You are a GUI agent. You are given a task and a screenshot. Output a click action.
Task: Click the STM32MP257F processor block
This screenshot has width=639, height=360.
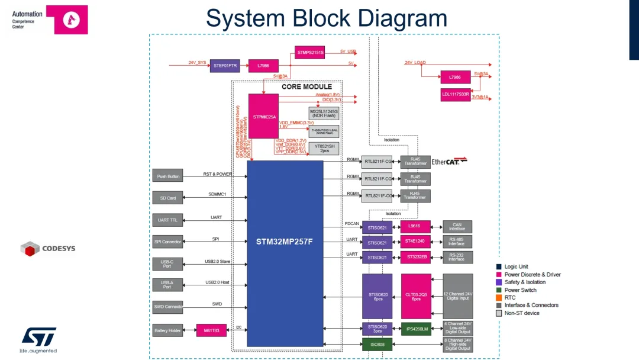tap(285, 242)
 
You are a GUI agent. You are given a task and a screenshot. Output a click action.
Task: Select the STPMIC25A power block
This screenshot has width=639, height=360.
tap(263, 117)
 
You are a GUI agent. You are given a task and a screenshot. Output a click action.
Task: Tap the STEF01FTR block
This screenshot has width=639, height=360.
tap(225, 65)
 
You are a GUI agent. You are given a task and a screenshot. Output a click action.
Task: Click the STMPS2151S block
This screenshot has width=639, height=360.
tap(310, 52)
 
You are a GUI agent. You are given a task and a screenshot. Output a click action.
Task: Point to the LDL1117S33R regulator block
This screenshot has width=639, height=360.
tap(455, 94)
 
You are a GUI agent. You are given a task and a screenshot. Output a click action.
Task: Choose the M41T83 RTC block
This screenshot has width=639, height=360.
tap(211, 330)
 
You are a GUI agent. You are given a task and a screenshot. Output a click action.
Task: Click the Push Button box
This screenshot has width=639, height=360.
tap(168, 176)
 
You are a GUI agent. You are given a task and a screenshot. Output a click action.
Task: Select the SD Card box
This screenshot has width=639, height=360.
tap(168, 198)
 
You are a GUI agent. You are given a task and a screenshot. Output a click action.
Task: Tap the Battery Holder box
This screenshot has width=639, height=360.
tap(168, 330)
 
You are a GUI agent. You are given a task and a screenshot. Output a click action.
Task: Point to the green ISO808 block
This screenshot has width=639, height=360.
tap(377, 345)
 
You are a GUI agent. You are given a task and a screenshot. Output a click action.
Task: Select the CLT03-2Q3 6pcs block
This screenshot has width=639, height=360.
tap(416, 296)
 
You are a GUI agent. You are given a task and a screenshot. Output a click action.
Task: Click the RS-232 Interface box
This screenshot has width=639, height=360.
tap(457, 257)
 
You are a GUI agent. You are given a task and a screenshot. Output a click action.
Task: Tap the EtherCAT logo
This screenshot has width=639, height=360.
tap(449, 161)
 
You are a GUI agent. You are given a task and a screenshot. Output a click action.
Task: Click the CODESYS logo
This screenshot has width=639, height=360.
tap(48, 249)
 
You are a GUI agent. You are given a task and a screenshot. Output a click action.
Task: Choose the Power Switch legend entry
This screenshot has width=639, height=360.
tap(520, 290)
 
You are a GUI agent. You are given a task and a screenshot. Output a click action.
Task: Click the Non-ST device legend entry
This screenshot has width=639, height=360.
tap(521, 313)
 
